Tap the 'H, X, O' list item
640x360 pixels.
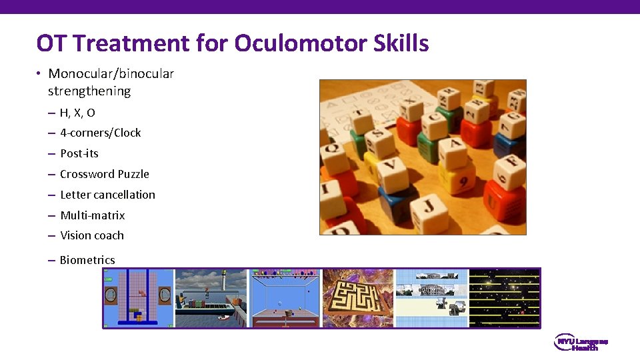[x=77, y=113]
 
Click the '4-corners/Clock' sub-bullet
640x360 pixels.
[x=100, y=133]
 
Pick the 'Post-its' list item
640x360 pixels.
[x=79, y=153]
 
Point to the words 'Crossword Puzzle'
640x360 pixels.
[x=104, y=174]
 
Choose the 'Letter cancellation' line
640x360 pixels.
[x=107, y=195]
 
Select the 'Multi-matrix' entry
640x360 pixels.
[x=92, y=215]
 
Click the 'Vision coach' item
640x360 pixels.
[x=91, y=235]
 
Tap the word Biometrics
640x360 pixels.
[x=87, y=260]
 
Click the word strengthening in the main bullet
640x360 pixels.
[x=89, y=91]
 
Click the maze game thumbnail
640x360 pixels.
[x=358, y=298]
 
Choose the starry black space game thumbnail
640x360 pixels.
[x=504, y=298]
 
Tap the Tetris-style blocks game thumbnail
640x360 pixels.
[x=138, y=298]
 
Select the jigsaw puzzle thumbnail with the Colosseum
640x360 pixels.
[x=431, y=298]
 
